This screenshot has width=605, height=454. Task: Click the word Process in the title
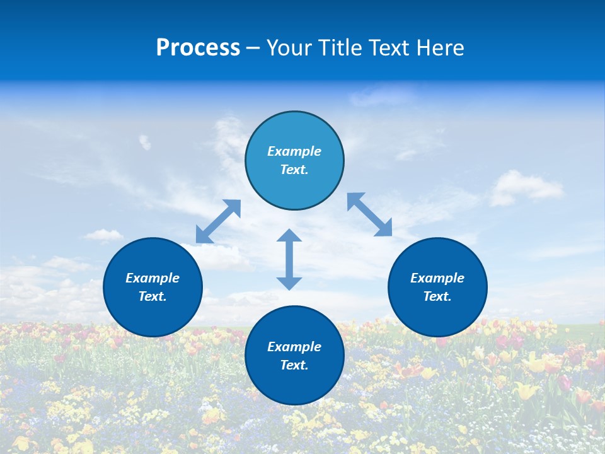[x=198, y=48]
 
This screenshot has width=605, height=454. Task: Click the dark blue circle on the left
[x=153, y=315]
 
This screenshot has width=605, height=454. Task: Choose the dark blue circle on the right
[x=437, y=315]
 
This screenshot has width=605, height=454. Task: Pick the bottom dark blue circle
[x=294, y=385]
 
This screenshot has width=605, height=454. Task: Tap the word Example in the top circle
[x=294, y=151]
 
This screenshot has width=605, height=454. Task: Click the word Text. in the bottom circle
[x=294, y=365]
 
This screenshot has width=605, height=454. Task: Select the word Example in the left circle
[x=153, y=278]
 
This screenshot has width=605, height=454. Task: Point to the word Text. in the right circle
[x=437, y=296]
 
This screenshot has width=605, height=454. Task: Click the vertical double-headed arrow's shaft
[x=289, y=259]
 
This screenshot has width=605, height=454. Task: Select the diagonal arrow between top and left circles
[x=218, y=221]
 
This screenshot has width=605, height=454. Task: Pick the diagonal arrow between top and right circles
[x=369, y=214]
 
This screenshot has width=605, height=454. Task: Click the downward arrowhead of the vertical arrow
[x=289, y=283]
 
